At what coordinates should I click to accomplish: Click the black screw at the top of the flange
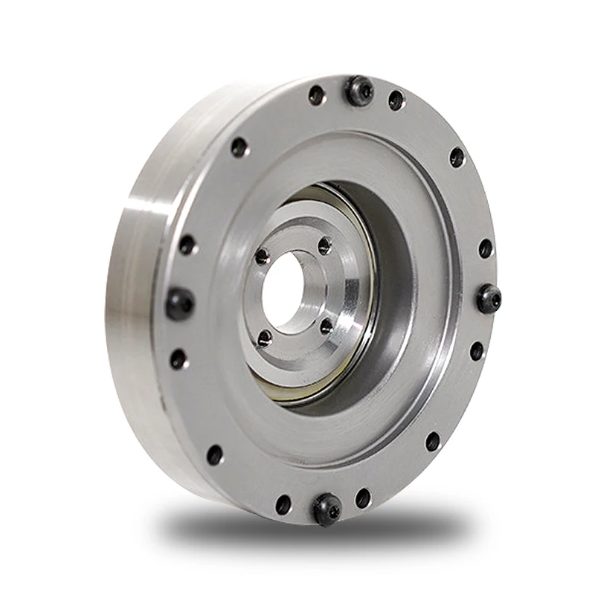pyautogui.click(x=359, y=91)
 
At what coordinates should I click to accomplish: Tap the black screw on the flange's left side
pyautogui.click(x=179, y=303)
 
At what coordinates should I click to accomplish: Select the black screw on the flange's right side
pyautogui.click(x=489, y=298)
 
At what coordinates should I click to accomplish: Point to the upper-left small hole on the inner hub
pyautogui.click(x=262, y=257)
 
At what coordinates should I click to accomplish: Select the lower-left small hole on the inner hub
pyautogui.click(x=264, y=338)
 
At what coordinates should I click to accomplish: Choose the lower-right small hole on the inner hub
pyautogui.click(x=326, y=326)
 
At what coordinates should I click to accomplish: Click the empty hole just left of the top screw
pyautogui.click(x=317, y=95)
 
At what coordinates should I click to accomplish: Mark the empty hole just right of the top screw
pyautogui.click(x=396, y=100)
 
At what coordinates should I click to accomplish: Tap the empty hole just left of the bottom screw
pyautogui.click(x=283, y=504)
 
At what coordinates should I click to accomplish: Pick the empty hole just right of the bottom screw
pyautogui.click(x=363, y=498)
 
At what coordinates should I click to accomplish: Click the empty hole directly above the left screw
pyautogui.click(x=187, y=245)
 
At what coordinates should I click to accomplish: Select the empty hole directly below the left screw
pyautogui.click(x=178, y=359)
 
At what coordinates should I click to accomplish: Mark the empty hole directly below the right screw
pyautogui.click(x=477, y=350)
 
